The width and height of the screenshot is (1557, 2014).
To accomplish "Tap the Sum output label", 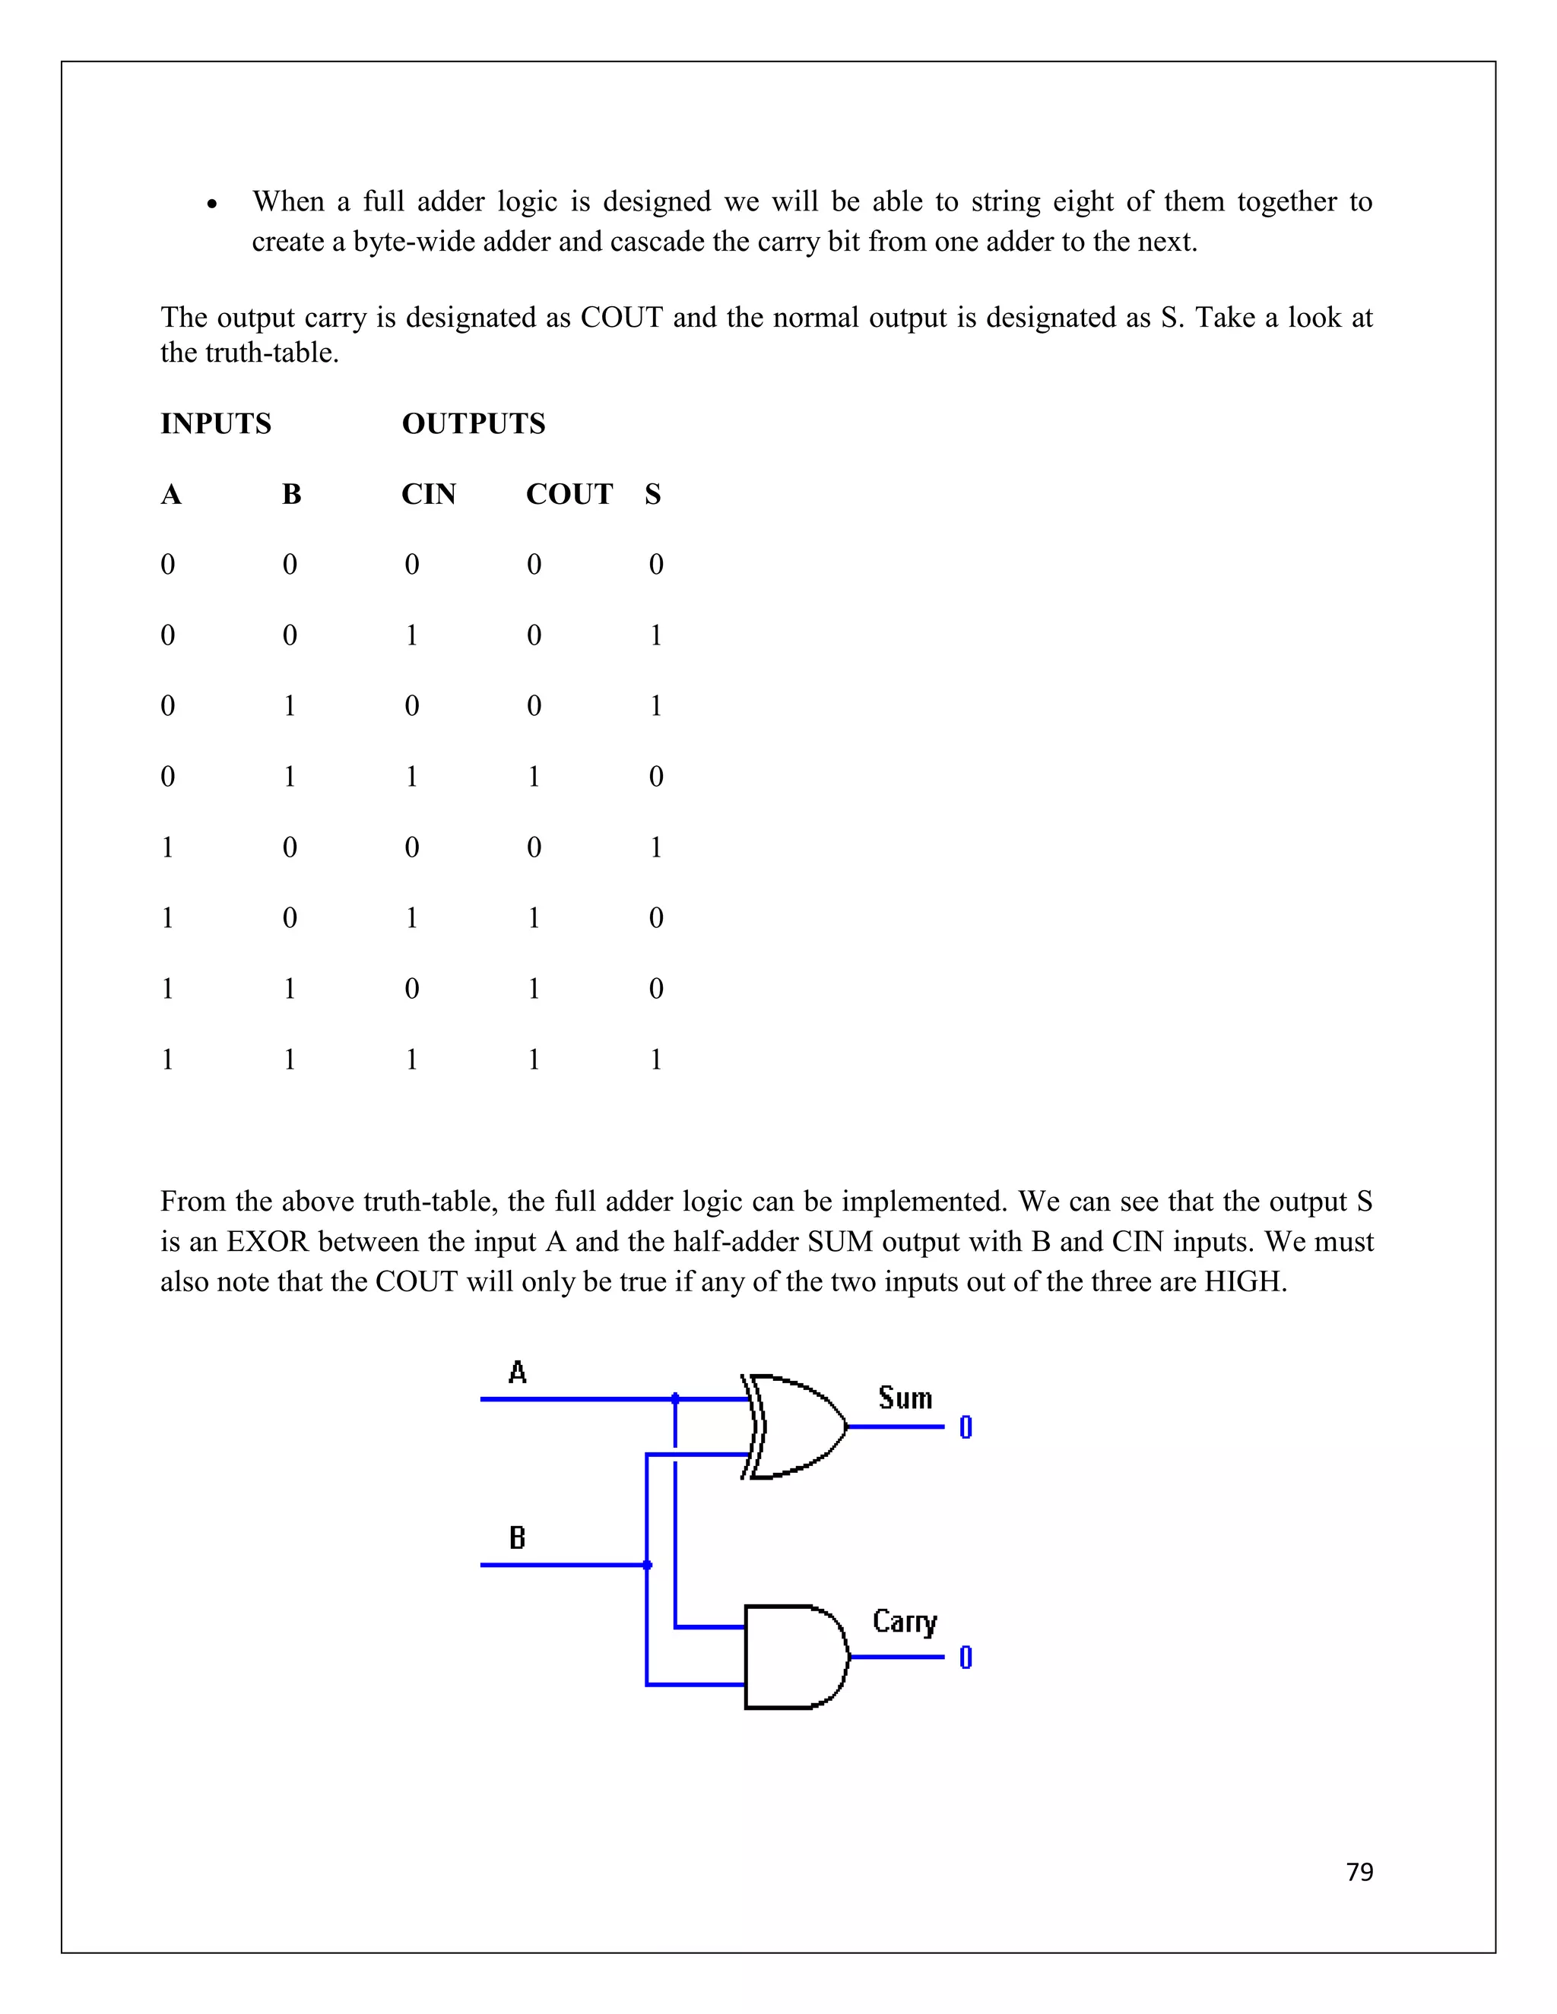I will coord(905,1398).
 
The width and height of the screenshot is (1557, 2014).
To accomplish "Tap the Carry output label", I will coord(904,1621).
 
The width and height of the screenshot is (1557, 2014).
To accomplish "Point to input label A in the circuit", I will coord(518,1373).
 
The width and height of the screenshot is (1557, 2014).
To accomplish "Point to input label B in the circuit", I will coord(518,1537).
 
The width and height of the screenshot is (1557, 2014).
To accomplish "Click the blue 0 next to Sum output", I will coord(966,1427).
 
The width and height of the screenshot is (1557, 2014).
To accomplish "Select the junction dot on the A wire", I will coord(675,1399).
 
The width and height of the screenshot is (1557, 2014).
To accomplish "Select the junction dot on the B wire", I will coord(647,1565).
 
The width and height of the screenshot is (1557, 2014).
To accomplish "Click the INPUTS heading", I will coord(216,423).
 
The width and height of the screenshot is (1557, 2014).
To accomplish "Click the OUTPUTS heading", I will coord(473,423).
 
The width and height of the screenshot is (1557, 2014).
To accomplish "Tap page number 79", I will coord(1359,1871).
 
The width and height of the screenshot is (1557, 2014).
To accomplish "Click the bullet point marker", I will coord(212,204).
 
